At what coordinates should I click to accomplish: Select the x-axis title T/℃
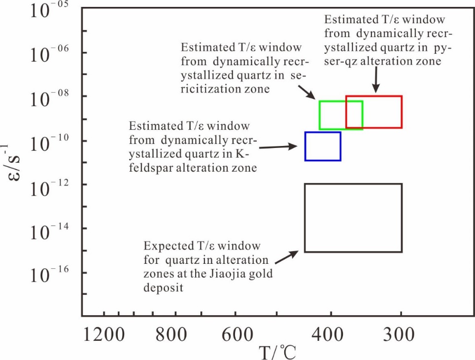tap(278, 352)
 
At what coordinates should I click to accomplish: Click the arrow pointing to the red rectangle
tap(376, 79)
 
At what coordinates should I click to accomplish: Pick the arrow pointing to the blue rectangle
tap(278, 146)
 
